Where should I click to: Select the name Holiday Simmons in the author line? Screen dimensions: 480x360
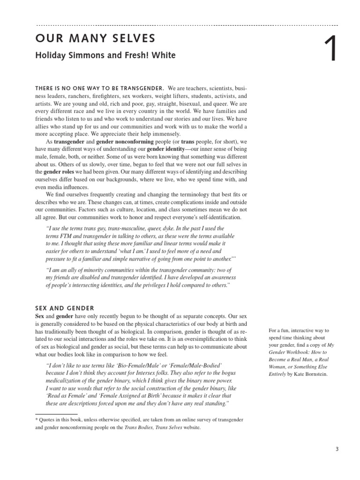tap(66, 55)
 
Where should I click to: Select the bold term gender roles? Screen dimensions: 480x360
tap(61, 172)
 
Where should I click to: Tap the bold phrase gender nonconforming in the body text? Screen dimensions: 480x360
tap(125, 142)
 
